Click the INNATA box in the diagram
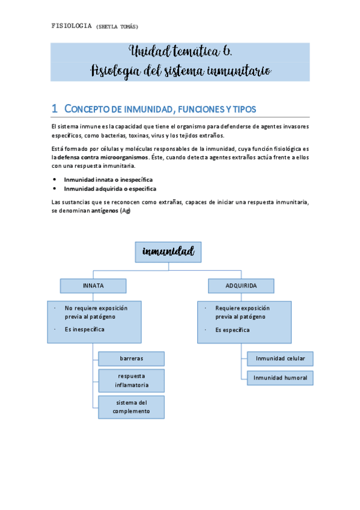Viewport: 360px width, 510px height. point(93,285)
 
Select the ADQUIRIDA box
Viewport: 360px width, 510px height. point(241,285)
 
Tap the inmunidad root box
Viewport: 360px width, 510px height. point(168,251)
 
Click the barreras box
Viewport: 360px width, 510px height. point(131,358)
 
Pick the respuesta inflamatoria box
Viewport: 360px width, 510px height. point(131,380)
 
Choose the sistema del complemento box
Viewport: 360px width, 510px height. point(131,407)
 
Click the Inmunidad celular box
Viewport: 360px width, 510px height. point(280,358)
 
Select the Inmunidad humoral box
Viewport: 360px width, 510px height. point(280,378)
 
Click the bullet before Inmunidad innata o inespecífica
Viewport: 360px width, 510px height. point(55,179)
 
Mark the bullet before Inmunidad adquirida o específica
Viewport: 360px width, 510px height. point(55,188)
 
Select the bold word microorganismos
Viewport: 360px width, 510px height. point(123,157)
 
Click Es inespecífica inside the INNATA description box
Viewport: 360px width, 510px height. point(85,330)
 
